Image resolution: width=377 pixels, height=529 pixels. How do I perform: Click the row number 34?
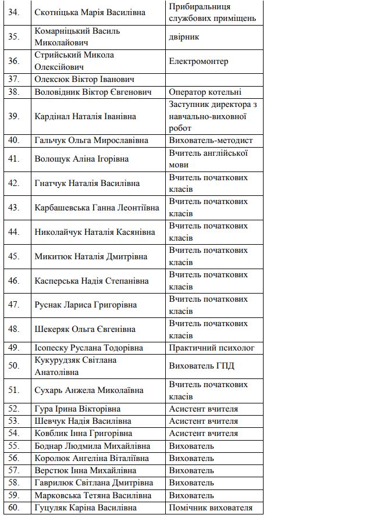pyautogui.click(x=14, y=12)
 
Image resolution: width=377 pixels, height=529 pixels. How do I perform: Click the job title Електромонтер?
pyautogui.click(x=198, y=61)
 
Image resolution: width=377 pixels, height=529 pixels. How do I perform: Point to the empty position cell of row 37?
pyautogui.click(x=214, y=80)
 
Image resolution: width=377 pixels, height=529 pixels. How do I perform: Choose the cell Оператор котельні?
pyautogui.click(x=205, y=92)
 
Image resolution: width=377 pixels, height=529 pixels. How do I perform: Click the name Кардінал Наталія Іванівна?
pyautogui.click(x=85, y=116)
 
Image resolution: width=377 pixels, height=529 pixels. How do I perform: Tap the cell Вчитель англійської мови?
pyautogui.click(x=208, y=159)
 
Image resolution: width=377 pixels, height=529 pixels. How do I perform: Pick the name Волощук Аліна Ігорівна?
pyautogui.click(x=81, y=159)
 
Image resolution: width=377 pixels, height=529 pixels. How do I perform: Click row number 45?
pyautogui.click(x=14, y=256)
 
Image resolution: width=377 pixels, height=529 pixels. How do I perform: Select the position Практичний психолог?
pyautogui.click(x=212, y=348)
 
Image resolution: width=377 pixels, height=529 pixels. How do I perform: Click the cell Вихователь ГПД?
pyautogui.click(x=201, y=366)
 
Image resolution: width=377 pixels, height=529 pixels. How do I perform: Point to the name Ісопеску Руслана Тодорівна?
pyautogui.click(x=88, y=348)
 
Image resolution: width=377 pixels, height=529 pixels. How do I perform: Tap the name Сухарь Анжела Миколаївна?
pyautogui.click(x=89, y=391)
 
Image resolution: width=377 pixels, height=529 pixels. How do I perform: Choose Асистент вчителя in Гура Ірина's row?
pyautogui.click(x=203, y=409)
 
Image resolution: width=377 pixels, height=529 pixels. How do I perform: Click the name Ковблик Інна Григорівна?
pyautogui.click(x=83, y=433)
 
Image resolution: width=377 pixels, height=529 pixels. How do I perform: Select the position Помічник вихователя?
pyautogui.click(x=211, y=507)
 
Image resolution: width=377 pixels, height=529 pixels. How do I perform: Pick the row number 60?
pyautogui.click(x=14, y=507)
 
